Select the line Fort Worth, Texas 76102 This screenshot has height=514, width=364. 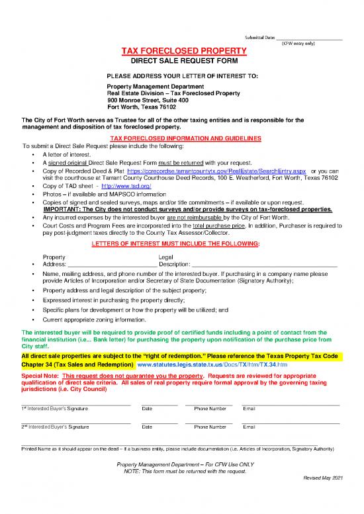point(141,107)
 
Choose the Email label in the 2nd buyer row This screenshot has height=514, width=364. point(249,428)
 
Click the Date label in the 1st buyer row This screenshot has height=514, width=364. point(147,409)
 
